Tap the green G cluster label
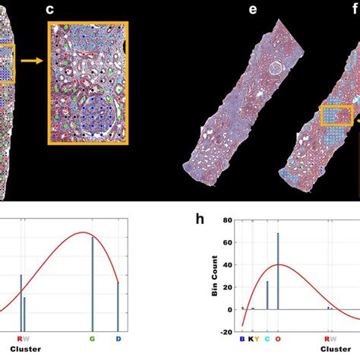[x=93, y=339]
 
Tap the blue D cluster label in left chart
[x=118, y=339]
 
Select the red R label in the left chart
[x=20, y=339]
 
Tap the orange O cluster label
[x=278, y=339]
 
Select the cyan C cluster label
[x=267, y=339]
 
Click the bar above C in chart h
[x=267, y=295]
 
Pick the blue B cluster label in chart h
[x=242, y=339]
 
